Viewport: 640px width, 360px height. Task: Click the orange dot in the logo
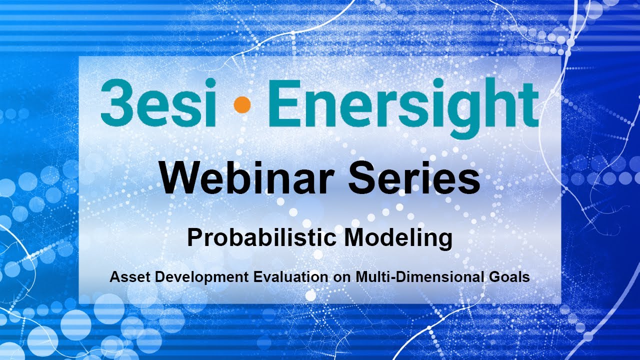click(242, 104)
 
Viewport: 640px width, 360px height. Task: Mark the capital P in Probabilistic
click(194, 237)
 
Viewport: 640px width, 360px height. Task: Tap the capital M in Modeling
click(354, 237)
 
